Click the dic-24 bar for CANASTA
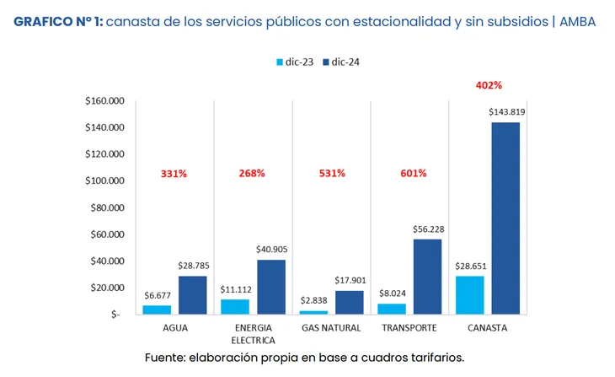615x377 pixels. click(x=505, y=218)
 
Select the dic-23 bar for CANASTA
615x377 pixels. click(x=470, y=294)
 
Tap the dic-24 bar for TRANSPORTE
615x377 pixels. click(x=426, y=276)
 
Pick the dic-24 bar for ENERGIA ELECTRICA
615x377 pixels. click(x=270, y=286)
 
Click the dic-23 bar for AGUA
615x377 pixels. click(x=157, y=309)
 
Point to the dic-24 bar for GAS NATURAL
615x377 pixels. click(x=349, y=301)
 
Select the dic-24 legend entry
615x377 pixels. click(x=340, y=62)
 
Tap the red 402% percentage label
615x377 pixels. click(x=489, y=85)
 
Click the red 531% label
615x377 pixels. click(x=332, y=173)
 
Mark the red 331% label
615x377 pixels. click(x=174, y=173)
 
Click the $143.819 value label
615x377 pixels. click(x=505, y=112)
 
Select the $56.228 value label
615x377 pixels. click(x=427, y=229)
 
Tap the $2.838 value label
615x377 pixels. click(x=314, y=300)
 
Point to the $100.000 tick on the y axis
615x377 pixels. click(x=105, y=180)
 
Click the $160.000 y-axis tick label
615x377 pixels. click(x=105, y=101)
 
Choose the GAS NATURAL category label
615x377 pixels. click(x=331, y=327)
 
